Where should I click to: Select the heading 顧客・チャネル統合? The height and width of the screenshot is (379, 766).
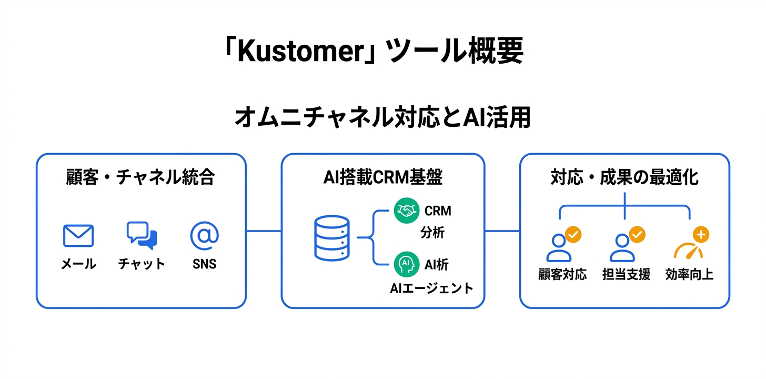pos(140,177)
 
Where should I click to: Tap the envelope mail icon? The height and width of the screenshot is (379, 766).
pos(78,236)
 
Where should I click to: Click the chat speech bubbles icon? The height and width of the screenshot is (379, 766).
pos(142,235)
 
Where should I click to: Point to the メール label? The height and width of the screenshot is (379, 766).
pos(78,264)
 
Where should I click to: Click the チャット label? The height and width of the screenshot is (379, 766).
pos(142,264)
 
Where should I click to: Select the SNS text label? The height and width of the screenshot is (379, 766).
pos(204,264)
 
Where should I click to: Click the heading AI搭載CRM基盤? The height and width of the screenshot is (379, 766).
pos(382,177)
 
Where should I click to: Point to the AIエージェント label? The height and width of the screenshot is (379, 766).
pos(431,288)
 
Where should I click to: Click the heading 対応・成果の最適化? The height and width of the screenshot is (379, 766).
pos(624,177)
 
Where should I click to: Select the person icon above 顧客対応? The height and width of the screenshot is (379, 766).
pos(559,247)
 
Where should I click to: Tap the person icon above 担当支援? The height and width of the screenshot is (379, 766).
pos(622,247)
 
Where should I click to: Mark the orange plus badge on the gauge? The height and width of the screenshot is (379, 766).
pos(700,234)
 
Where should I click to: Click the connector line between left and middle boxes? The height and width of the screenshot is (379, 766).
pos(264,231)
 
